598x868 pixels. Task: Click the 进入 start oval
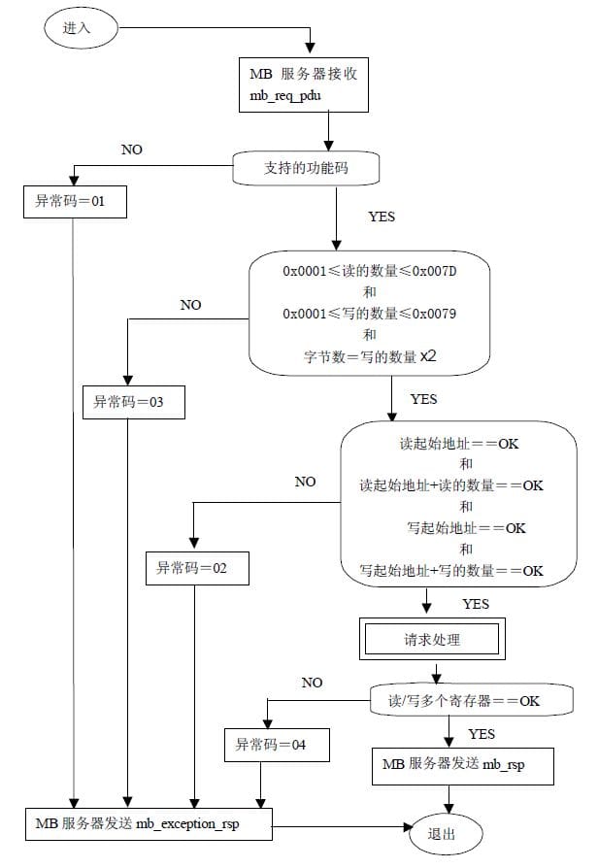(x=81, y=28)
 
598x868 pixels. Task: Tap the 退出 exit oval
(x=446, y=834)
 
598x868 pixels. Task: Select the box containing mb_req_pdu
(x=304, y=84)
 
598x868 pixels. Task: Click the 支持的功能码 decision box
(x=306, y=168)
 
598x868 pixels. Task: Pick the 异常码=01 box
(x=75, y=202)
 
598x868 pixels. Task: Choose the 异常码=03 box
(x=133, y=402)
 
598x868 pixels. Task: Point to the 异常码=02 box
(x=197, y=568)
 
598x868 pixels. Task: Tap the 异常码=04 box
(x=277, y=745)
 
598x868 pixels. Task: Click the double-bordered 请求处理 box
(x=432, y=639)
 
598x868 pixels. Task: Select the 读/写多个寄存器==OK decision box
(x=471, y=700)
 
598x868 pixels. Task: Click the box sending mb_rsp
(x=462, y=766)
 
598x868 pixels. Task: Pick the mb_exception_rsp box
(x=149, y=823)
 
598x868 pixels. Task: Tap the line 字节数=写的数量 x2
(x=370, y=356)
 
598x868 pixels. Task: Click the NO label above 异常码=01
(x=132, y=150)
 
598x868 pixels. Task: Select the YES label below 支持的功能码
(x=382, y=217)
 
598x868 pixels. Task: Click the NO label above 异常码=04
(x=313, y=683)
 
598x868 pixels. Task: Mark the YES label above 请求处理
(x=476, y=603)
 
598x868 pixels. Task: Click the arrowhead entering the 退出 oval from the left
(x=410, y=827)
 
